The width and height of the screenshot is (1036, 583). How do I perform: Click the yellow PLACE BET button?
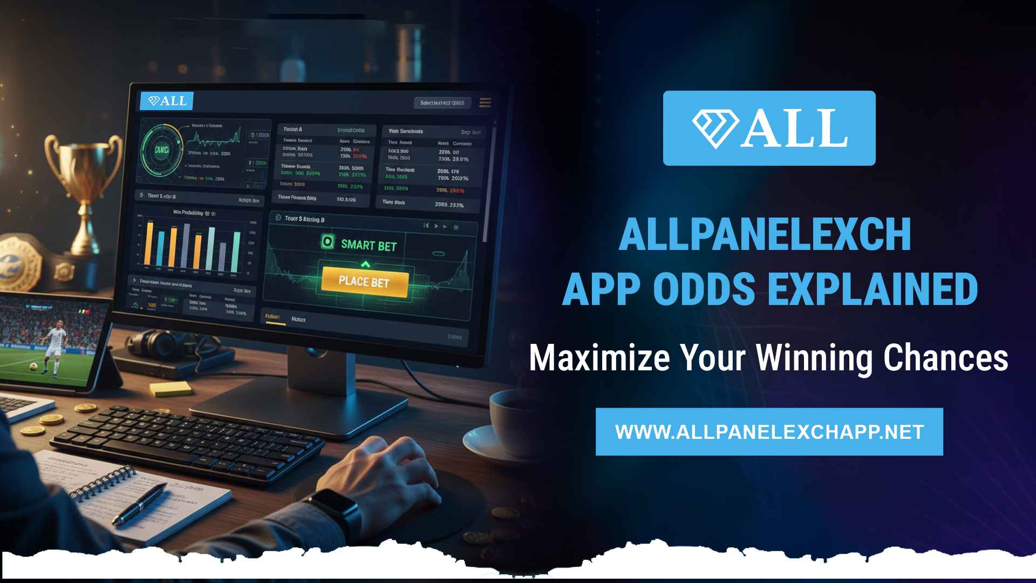[364, 281]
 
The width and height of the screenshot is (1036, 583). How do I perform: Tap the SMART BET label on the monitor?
[369, 245]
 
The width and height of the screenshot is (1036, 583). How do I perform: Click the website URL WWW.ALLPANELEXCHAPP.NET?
[769, 432]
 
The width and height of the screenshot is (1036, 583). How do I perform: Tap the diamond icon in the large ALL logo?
[715, 128]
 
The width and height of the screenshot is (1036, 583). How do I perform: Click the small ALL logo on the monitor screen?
[167, 101]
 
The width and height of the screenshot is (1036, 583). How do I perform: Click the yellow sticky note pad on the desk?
[170, 389]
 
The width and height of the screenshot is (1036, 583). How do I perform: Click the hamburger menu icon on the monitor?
[485, 103]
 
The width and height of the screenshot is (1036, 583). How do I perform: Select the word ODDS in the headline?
[704, 289]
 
